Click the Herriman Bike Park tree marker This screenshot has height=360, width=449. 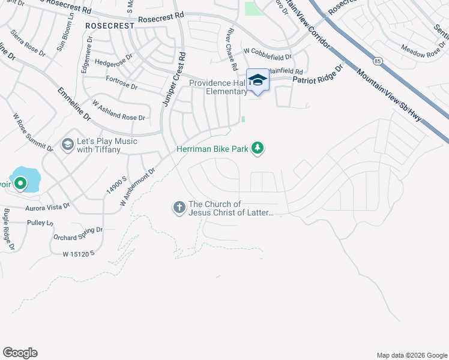[x=258, y=148]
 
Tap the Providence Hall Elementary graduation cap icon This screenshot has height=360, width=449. [x=258, y=80]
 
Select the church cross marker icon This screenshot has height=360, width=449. [x=179, y=208]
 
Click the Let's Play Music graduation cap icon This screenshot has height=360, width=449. [x=68, y=145]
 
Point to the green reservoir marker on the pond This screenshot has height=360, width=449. [x=20, y=183]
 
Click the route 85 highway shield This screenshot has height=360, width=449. [x=377, y=61]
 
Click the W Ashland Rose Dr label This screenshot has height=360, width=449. [x=118, y=117]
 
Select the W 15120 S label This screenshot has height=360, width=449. [x=79, y=254]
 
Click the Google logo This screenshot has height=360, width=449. [x=20, y=353]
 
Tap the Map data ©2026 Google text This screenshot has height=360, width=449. [x=411, y=355]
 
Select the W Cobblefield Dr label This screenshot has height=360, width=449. [x=267, y=53]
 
